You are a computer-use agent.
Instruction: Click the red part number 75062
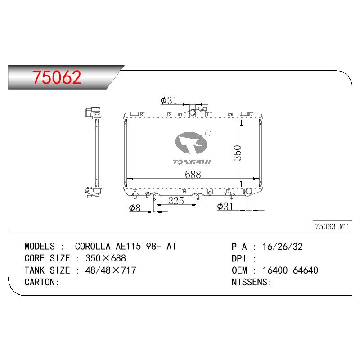pyautogui.click(x=57, y=77)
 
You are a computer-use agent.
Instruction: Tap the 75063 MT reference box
pyautogui.click(x=332, y=227)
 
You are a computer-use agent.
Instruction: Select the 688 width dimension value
pyautogui.click(x=193, y=174)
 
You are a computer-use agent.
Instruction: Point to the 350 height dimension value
pyautogui.click(x=238, y=153)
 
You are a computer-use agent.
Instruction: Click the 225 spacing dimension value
pyautogui.click(x=176, y=201)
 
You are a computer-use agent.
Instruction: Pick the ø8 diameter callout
pyautogui.click(x=135, y=208)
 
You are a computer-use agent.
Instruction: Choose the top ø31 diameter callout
pyautogui.click(x=169, y=100)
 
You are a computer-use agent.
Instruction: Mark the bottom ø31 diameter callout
pyautogui.click(x=225, y=207)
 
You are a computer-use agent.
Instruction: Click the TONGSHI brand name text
pyautogui.click(x=192, y=162)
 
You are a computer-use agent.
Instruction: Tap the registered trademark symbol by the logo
pyautogui.click(x=208, y=133)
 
